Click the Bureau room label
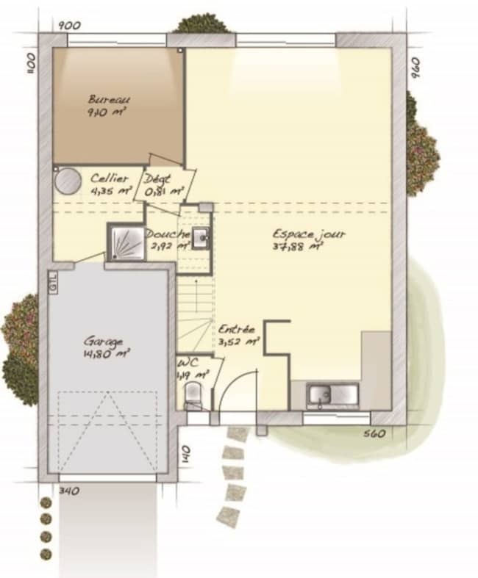click(x=109, y=99)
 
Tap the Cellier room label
click(x=109, y=178)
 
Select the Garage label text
click(x=103, y=342)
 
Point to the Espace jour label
click(x=319, y=234)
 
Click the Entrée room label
click(x=237, y=330)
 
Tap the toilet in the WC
click(x=193, y=394)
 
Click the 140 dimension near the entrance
click(x=186, y=452)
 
